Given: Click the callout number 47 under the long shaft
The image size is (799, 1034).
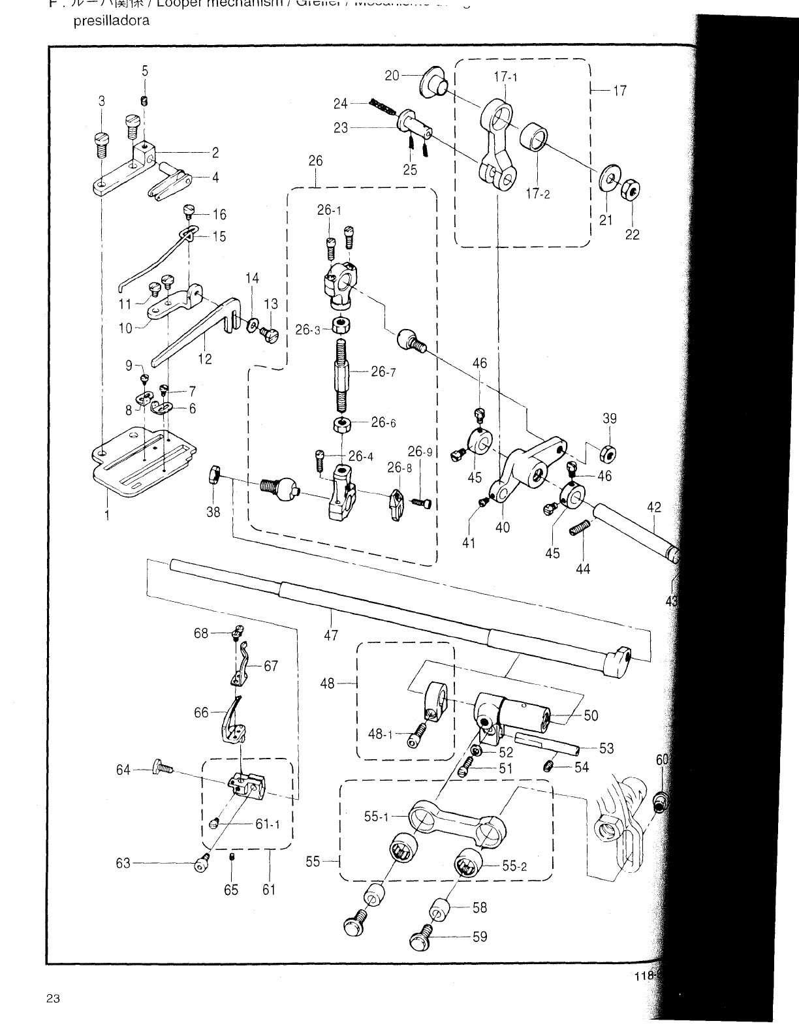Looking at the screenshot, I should click(x=331, y=634).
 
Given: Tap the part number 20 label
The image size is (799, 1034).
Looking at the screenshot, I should click(x=392, y=76).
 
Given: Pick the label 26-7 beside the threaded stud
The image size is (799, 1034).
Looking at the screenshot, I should click(x=383, y=371).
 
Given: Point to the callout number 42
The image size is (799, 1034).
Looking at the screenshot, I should click(x=654, y=507).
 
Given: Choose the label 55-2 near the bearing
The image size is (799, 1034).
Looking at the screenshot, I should click(x=514, y=866).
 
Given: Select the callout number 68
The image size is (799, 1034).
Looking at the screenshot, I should click(x=200, y=633).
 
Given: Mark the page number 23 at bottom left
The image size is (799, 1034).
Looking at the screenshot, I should click(x=54, y=998).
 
